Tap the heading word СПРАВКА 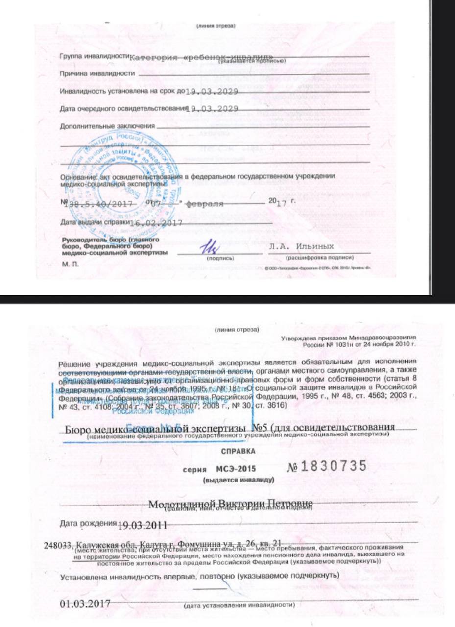click(239, 449)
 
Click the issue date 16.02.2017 click(155, 223)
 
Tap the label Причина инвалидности click(97, 74)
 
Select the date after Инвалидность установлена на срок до click(212, 92)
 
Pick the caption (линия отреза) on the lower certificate click(237, 330)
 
